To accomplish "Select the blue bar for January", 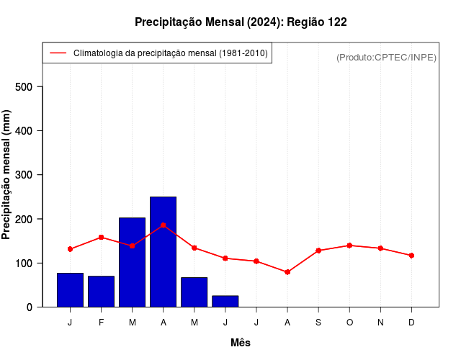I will [x=70, y=289].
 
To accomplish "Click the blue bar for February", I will [x=101, y=291].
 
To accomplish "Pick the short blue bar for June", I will [x=225, y=301].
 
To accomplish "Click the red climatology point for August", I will [x=287, y=272].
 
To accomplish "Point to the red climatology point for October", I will [x=349, y=246].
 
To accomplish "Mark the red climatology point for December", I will [x=411, y=256].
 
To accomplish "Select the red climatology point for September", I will [x=318, y=251].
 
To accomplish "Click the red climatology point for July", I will [x=256, y=261].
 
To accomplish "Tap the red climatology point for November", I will [x=380, y=248].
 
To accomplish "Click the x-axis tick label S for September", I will [x=318, y=323].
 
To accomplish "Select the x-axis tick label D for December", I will [x=411, y=323].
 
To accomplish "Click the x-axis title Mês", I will [x=241, y=343].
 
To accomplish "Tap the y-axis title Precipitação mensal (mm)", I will [x=7, y=174].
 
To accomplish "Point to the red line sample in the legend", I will [x=58, y=53].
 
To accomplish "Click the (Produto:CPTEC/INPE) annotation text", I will [x=386, y=57].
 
